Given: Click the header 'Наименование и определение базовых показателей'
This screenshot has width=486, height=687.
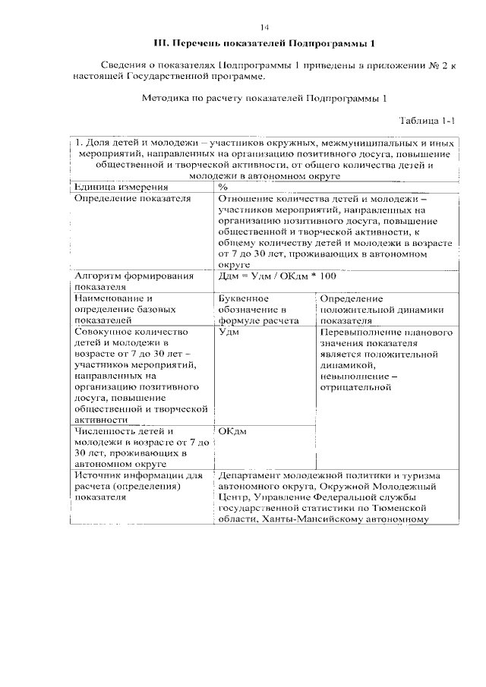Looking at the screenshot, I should point(125,310).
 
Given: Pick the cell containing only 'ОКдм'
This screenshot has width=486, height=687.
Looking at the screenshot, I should point(232,431).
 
